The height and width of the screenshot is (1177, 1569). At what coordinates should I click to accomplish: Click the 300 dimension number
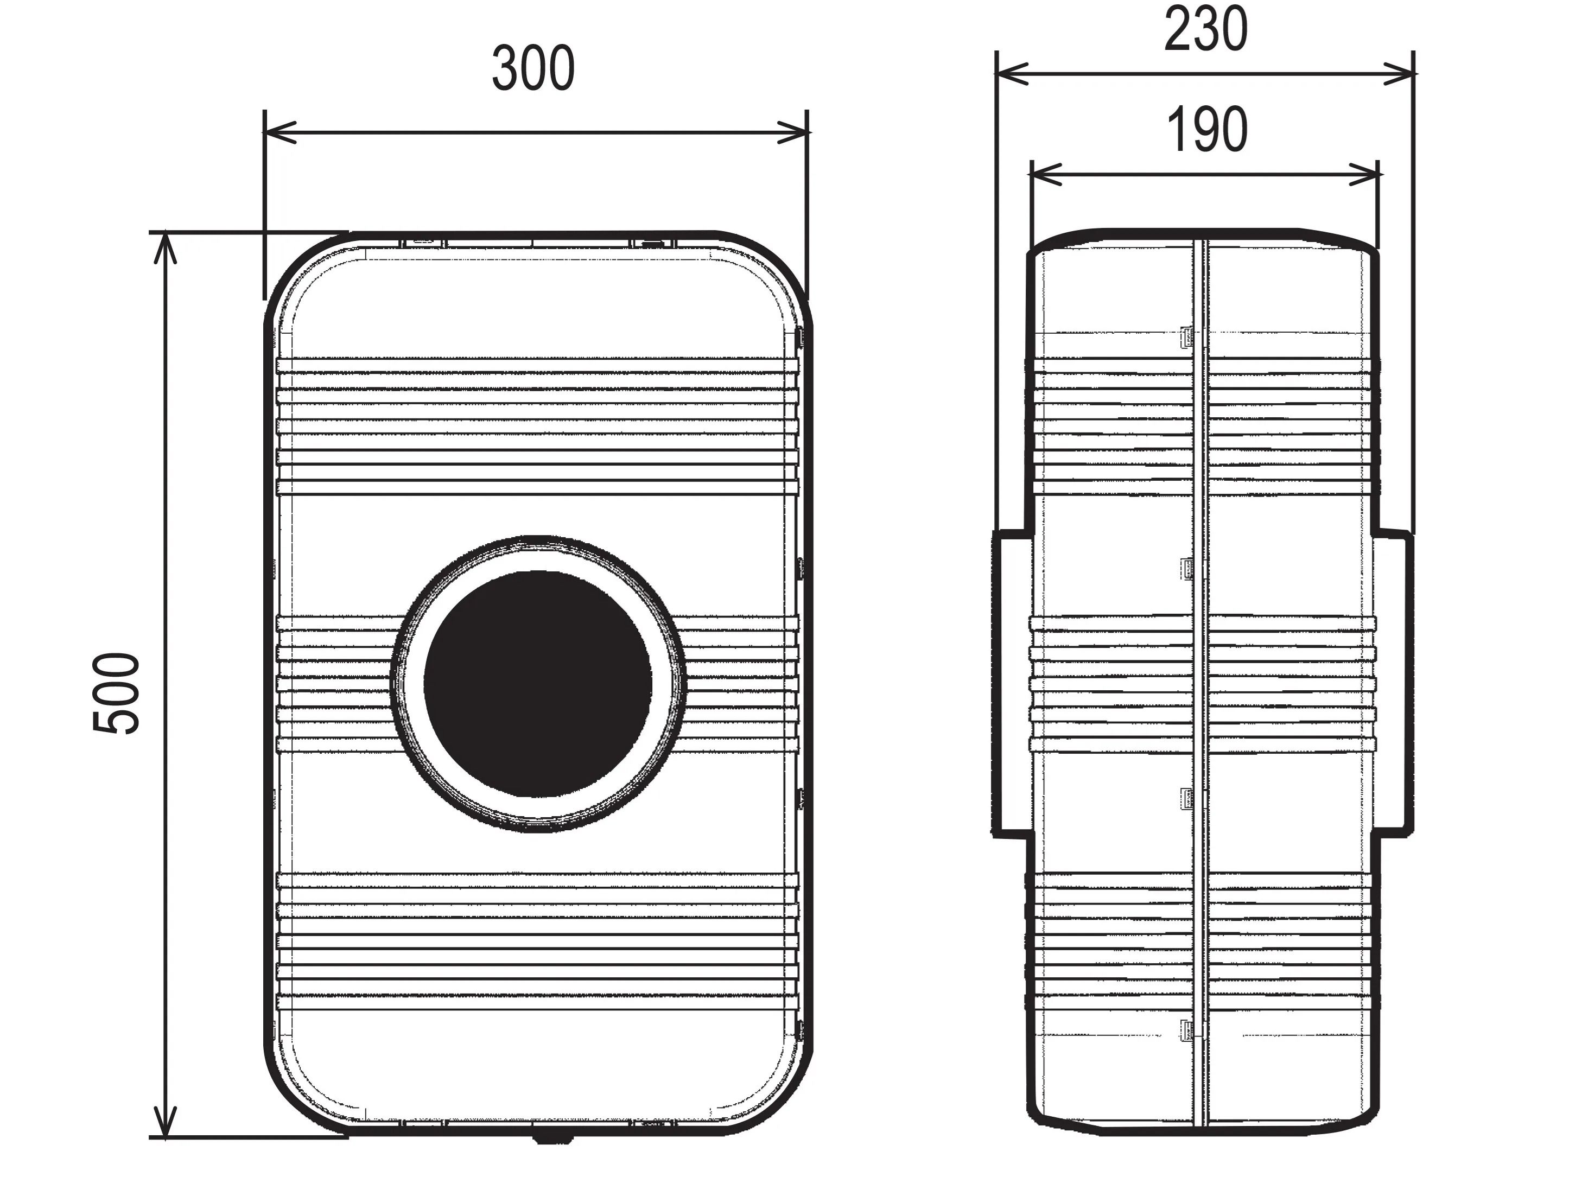pos(533,69)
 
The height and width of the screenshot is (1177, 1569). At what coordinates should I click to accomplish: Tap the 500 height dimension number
pos(116,694)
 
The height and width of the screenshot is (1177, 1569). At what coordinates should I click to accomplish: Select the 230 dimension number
pos(1206,29)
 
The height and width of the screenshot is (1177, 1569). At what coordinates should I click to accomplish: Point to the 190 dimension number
pos(1206,129)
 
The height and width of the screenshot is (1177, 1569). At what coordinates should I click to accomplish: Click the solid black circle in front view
pos(538,684)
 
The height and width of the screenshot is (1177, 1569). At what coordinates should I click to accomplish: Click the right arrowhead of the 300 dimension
pos(792,132)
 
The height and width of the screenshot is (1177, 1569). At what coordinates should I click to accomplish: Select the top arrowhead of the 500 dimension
pos(164,247)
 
